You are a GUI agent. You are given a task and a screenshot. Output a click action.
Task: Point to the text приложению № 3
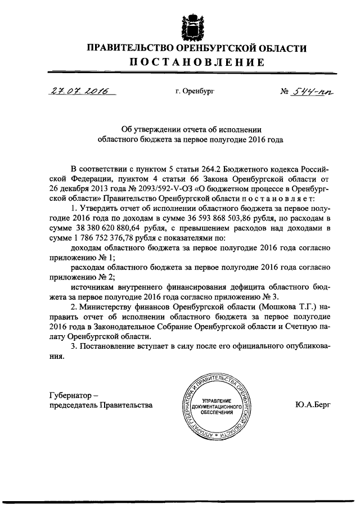point(257,297)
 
